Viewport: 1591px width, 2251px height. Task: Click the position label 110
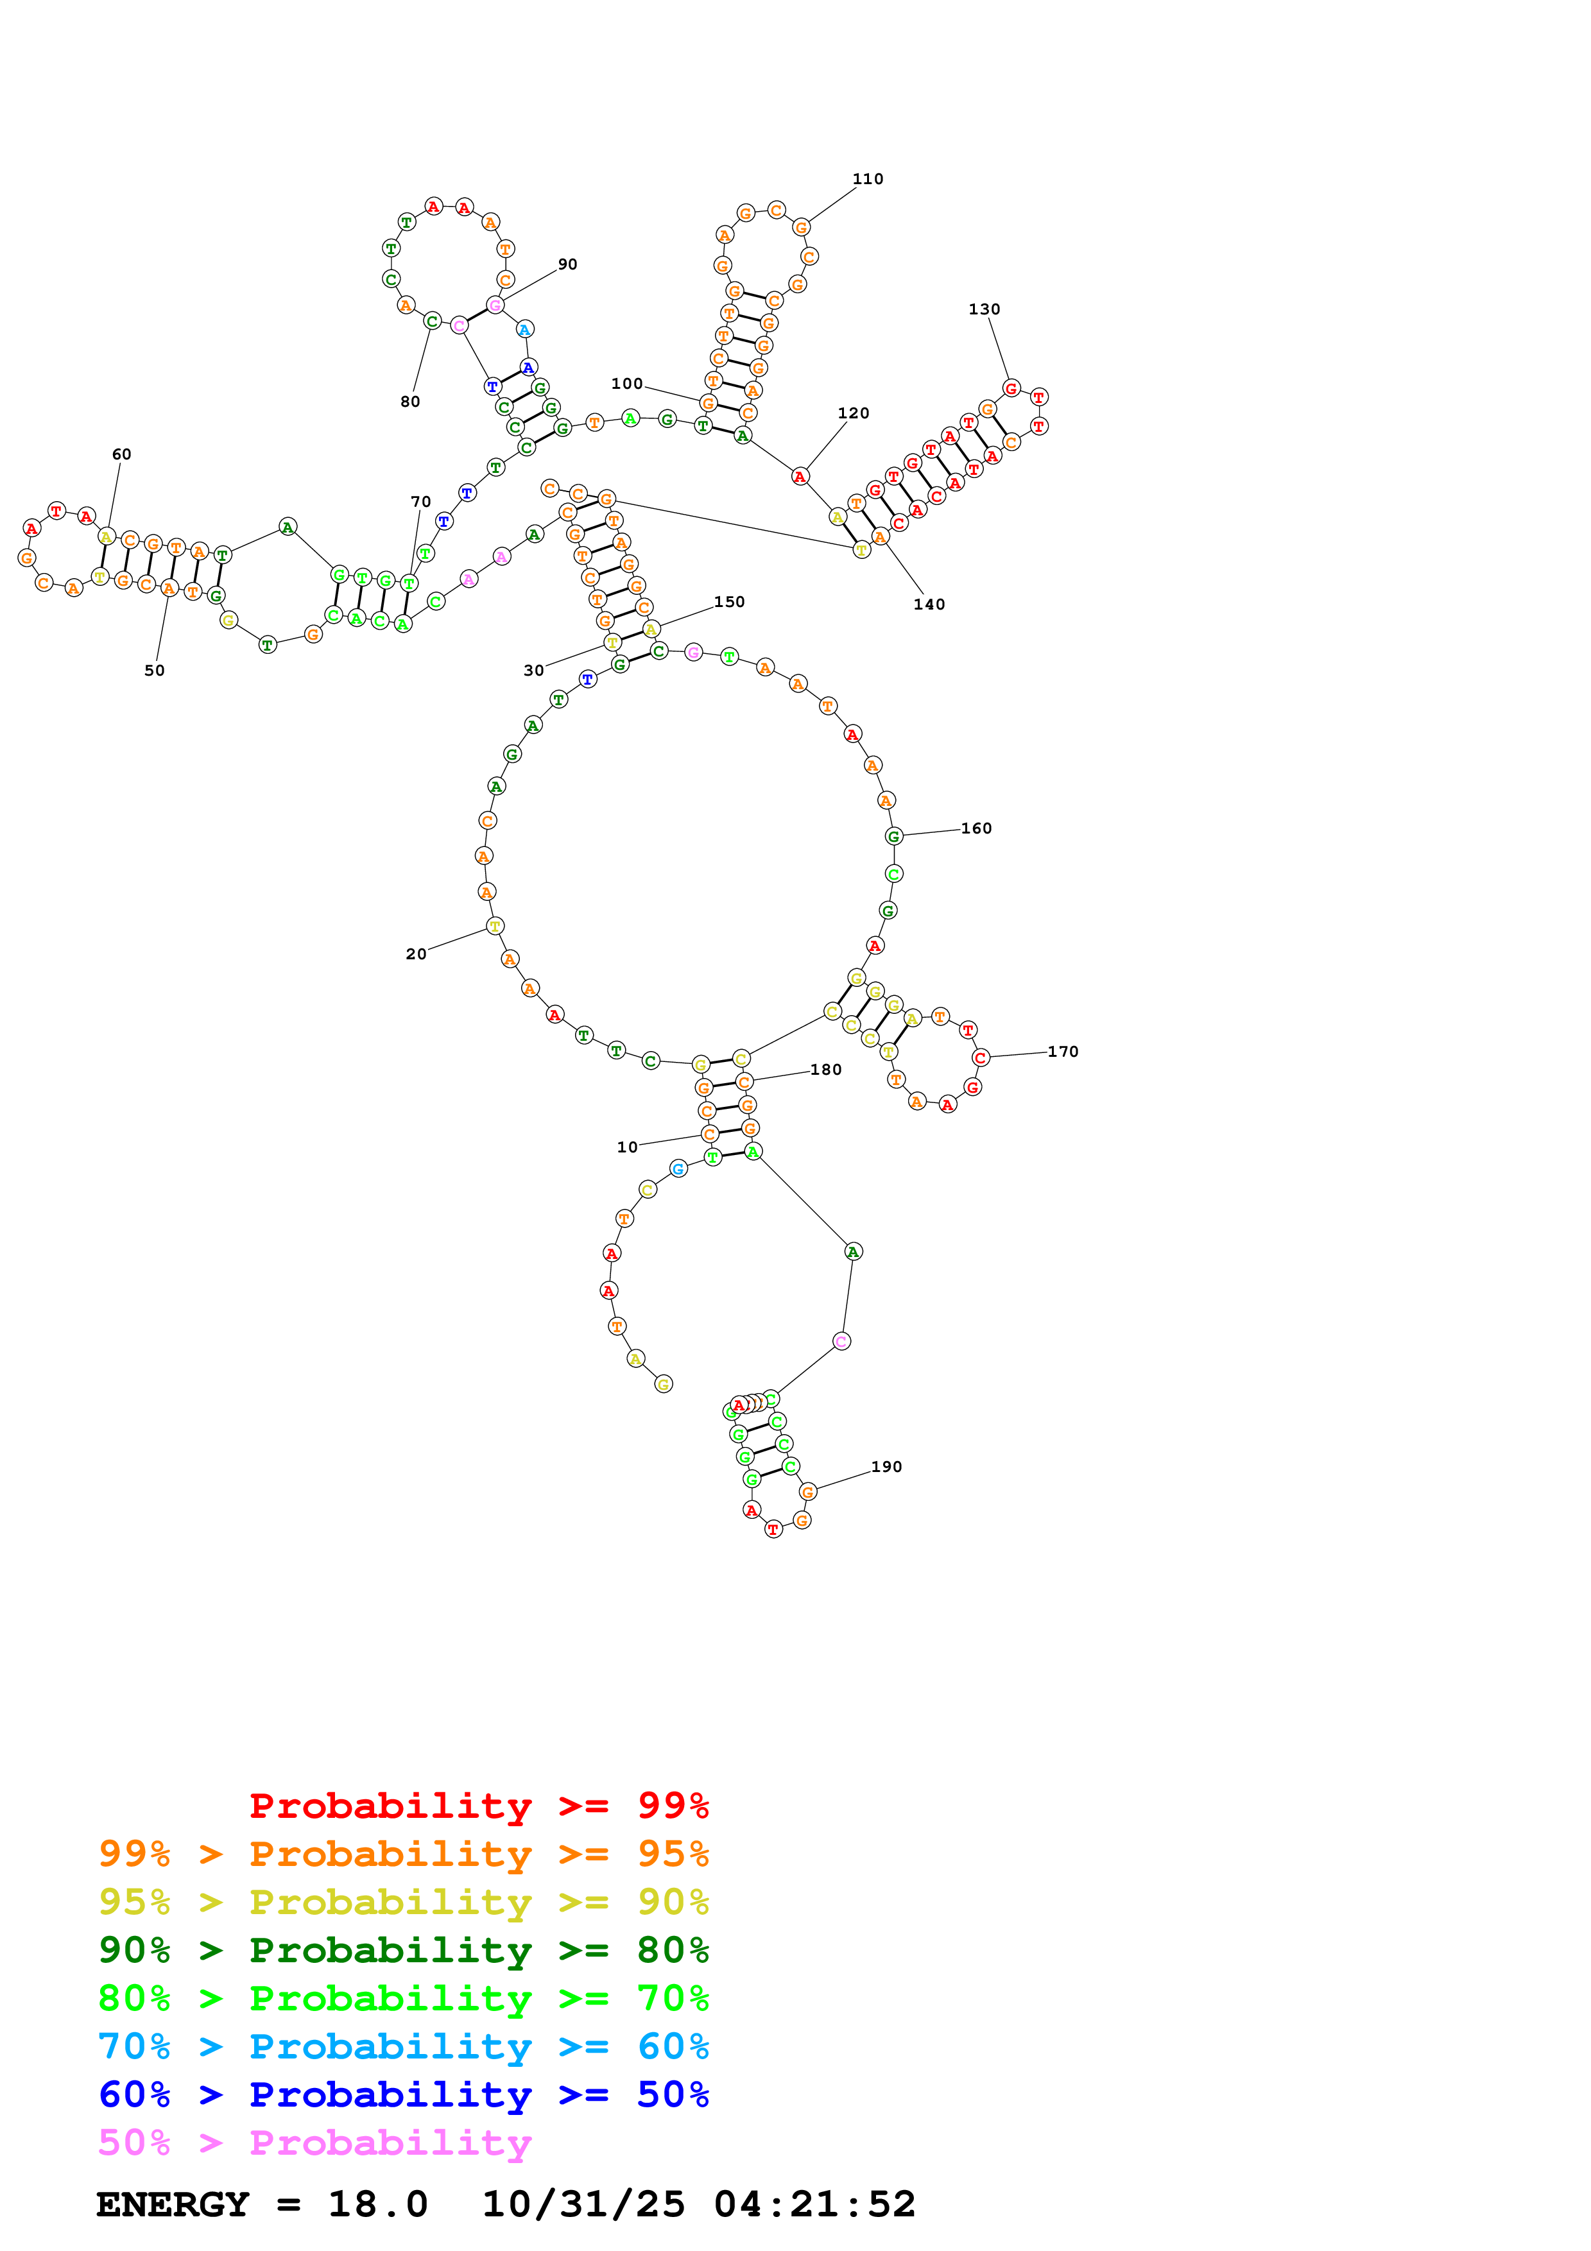point(868,180)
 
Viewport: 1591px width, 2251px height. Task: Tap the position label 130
point(985,310)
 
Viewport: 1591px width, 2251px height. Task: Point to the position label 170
point(1063,1052)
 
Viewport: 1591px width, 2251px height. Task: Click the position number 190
point(886,1467)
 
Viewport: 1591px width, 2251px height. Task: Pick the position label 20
point(417,954)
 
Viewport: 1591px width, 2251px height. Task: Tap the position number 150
point(729,602)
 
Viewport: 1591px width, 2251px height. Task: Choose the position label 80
point(411,402)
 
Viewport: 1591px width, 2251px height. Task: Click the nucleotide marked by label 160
point(893,836)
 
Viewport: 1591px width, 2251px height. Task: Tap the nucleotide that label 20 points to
point(495,925)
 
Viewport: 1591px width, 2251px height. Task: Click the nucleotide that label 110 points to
point(801,227)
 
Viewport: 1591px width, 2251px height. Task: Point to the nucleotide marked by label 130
point(1011,388)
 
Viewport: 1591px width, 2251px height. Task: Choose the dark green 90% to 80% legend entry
point(403,1950)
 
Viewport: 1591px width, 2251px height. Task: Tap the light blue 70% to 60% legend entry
point(403,2046)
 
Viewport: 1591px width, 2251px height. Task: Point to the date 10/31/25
point(583,2205)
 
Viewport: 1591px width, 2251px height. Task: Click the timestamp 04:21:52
point(814,2205)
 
